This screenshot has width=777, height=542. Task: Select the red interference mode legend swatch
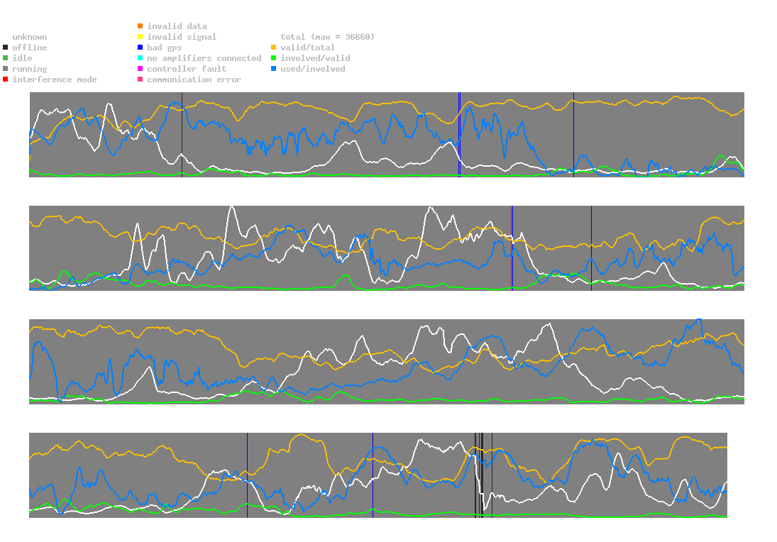point(6,79)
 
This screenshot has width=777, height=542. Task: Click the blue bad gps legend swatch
point(140,48)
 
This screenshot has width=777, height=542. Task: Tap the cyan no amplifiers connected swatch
point(140,58)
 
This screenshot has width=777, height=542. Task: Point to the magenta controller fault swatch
point(140,69)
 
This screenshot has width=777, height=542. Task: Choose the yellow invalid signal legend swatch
point(140,37)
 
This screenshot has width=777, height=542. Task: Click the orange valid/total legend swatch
point(275,48)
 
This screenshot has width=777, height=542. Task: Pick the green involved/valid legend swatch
point(275,58)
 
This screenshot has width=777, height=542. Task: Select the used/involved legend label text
point(313,69)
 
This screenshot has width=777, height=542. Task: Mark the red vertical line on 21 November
point(512,248)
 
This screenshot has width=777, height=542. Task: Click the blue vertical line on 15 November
point(573,135)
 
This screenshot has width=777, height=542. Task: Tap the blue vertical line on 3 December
point(247,475)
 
